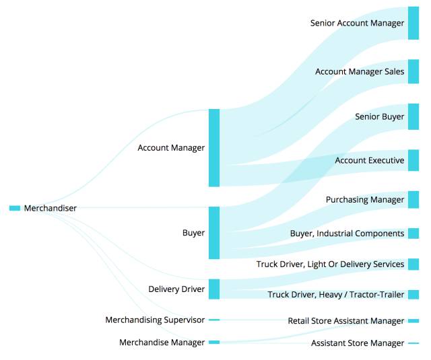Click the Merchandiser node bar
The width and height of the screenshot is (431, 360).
coord(15,208)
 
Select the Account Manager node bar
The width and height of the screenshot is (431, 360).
coord(214,147)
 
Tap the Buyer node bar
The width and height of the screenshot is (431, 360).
coord(214,233)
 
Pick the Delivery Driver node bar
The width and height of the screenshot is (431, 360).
coord(214,289)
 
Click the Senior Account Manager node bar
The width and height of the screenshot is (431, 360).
coord(413,23)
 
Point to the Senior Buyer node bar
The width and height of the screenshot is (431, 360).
coord(413,116)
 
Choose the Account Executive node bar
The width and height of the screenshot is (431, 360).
coord(413,160)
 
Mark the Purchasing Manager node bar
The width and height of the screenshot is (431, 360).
coord(413,200)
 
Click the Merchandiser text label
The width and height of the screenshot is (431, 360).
coord(51,208)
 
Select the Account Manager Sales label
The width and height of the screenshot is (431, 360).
coord(360,71)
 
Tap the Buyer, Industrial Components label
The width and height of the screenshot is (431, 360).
coord(347,233)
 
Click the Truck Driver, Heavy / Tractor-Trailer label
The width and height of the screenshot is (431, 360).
coord(336,295)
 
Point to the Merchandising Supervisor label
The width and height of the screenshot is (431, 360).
coord(155,320)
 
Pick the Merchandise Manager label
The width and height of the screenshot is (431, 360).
coord(162,343)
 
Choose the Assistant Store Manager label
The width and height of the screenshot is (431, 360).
coord(358,343)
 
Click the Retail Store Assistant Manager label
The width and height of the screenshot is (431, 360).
coord(346,321)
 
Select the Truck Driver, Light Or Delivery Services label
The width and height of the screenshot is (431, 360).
coord(330,264)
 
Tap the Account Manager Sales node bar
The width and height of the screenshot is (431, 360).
coord(413,71)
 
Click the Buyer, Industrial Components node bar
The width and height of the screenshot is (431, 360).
coord(413,233)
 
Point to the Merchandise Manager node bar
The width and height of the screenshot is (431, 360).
coord(214,343)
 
